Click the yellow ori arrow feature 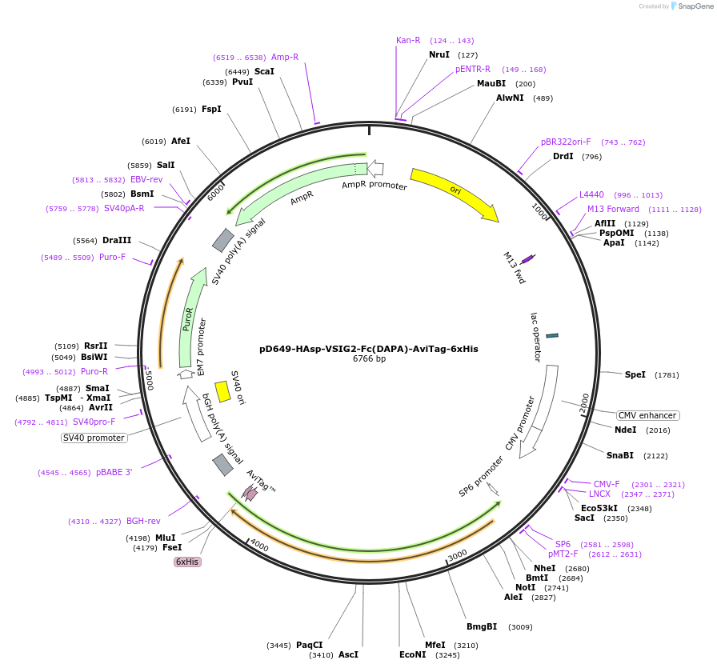(454, 193)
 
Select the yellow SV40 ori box (223, 391)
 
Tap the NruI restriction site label (439, 54)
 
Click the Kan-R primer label (408, 40)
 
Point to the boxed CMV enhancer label (647, 415)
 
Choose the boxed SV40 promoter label (94, 438)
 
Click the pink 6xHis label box (187, 562)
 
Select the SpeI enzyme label (635, 374)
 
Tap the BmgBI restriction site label (482, 626)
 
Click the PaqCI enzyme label (309, 645)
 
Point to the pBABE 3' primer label (114, 472)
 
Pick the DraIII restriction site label (117, 240)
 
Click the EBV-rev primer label (146, 179)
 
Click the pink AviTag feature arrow (251, 494)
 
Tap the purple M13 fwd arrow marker (528, 259)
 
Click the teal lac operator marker (552, 335)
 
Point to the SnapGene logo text (695, 6)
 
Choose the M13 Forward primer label (613, 209)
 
